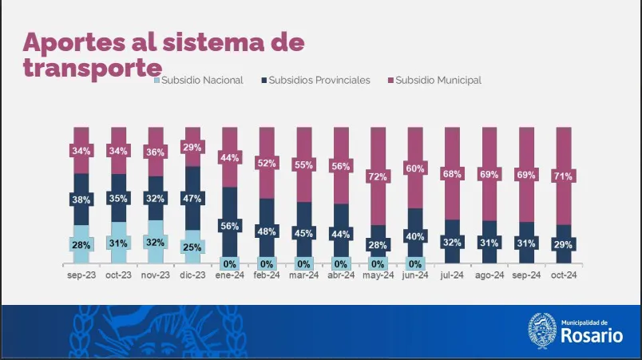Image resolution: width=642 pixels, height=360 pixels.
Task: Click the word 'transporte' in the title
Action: coord(93,68)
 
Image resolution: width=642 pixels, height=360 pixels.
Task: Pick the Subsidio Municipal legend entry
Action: coord(438,80)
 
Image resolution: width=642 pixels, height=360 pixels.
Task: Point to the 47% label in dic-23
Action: coord(192,199)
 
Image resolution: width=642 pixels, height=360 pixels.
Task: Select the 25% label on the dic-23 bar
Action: coord(192,247)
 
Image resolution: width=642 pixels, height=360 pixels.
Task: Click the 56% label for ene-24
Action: coord(229,227)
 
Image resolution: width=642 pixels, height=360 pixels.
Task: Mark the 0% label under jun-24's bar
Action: coord(414,264)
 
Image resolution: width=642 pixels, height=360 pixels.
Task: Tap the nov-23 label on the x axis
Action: coord(155,275)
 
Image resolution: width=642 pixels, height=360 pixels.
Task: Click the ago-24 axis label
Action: coord(489,275)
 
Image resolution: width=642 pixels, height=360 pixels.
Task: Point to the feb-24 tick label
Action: coord(267,275)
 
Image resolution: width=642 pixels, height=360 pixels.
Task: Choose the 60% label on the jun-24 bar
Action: coord(414,168)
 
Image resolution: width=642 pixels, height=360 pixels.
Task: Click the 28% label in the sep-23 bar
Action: coord(81,245)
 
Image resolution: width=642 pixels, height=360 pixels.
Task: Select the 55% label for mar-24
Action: coord(303,164)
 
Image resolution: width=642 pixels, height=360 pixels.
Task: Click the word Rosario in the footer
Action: coord(591,336)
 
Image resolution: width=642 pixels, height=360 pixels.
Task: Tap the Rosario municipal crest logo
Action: coord(542,330)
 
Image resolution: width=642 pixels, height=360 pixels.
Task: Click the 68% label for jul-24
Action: coord(452,174)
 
